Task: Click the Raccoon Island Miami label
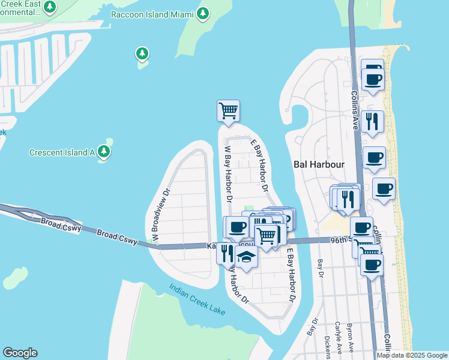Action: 153,14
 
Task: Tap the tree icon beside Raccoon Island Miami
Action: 203,13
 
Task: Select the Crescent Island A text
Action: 62,152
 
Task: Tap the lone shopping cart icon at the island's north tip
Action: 228,111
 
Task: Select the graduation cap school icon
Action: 246,257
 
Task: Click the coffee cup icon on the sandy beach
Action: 384,189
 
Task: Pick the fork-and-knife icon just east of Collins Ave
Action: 372,121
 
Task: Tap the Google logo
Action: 20,353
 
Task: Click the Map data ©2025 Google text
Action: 412,355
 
